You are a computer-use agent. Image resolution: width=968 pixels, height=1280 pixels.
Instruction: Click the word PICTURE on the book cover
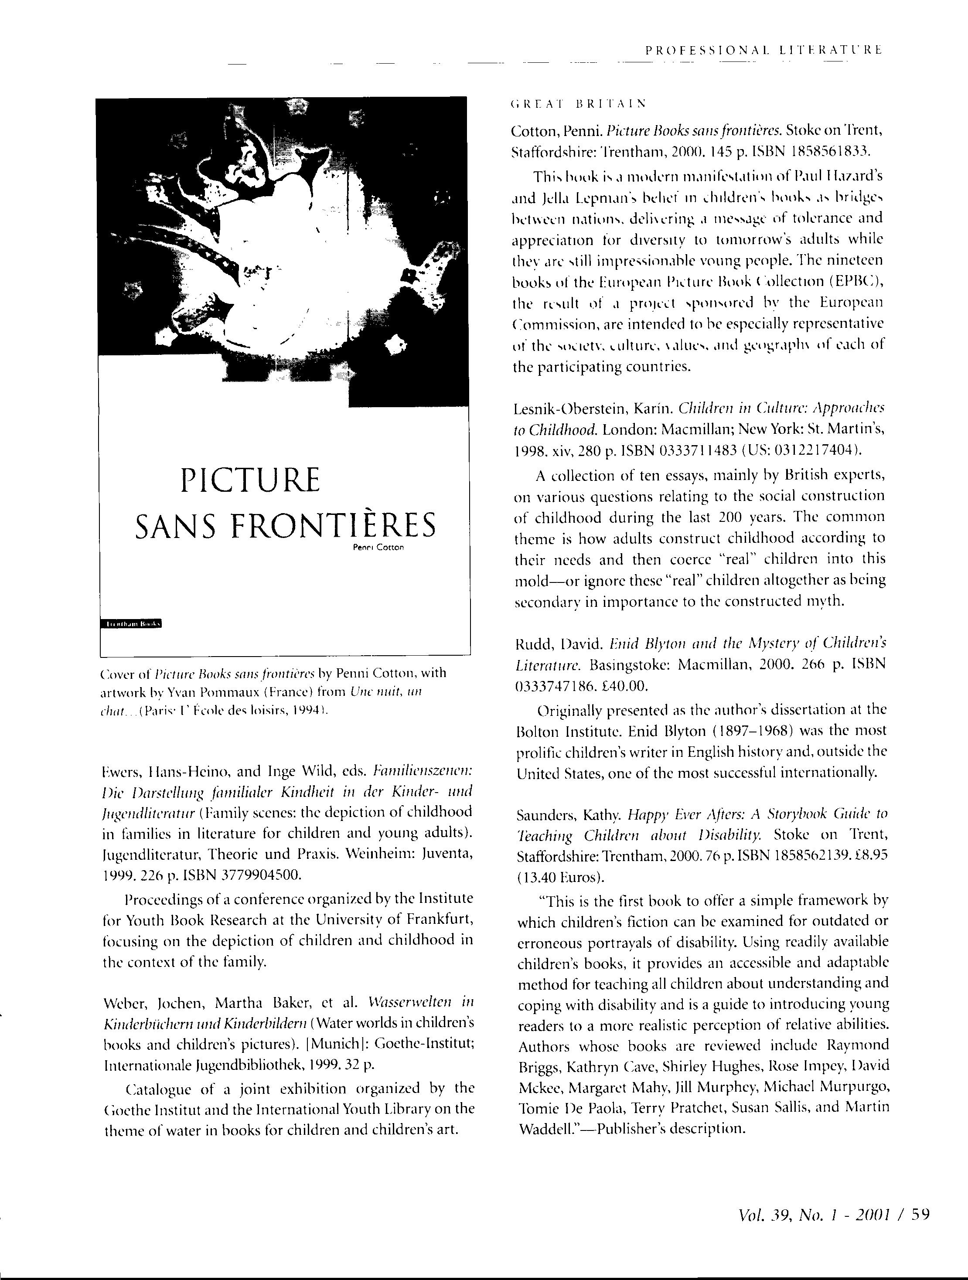(250, 480)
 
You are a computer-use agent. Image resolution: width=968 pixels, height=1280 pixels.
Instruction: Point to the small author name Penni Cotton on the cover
(378, 548)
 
